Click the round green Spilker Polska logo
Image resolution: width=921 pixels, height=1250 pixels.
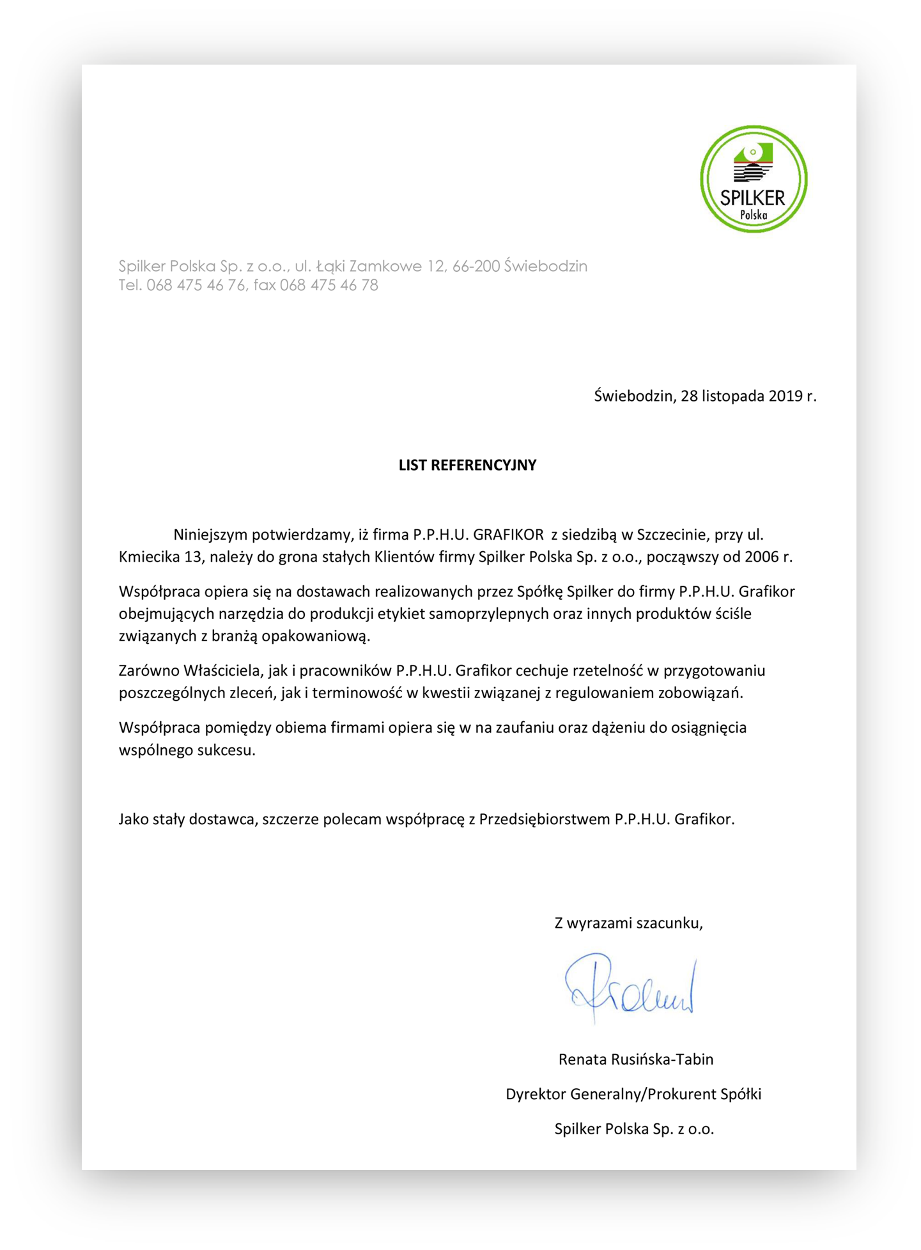[x=754, y=179]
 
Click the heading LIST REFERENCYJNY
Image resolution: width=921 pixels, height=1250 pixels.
[x=467, y=465]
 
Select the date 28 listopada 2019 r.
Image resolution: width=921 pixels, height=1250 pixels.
[x=748, y=396]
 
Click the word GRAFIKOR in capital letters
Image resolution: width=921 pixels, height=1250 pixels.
[x=508, y=535]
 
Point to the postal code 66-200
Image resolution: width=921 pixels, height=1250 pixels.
[x=476, y=266]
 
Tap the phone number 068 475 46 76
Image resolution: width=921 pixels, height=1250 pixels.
[x=196, y=285]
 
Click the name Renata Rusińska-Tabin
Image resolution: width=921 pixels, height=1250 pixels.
[x=635, y=1059]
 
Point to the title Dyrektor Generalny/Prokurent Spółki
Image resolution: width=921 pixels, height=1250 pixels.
[x=633, y=1094]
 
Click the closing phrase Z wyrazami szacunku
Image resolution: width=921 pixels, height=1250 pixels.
[x=628, y=923]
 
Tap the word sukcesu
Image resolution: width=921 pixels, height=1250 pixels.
[x=228, y=750]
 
